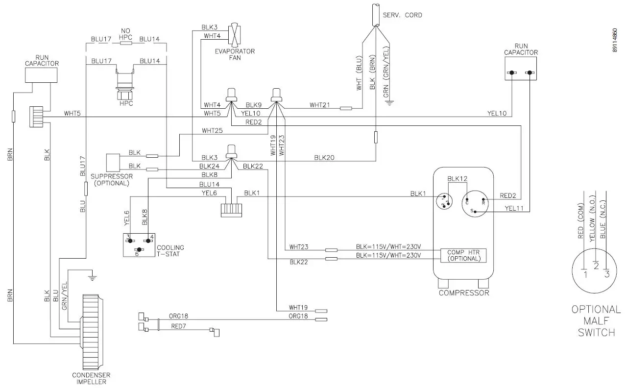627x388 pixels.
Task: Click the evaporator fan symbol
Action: click(x=236, y=35)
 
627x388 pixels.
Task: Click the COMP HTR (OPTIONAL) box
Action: click(x=464, y=255)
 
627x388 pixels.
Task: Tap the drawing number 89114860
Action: click(x=615, y=41)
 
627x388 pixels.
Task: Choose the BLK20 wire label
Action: click(x=324, y=157)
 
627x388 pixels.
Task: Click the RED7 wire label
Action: click(x=179, y=326)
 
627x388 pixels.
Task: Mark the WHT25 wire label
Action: click(x=212, y=131)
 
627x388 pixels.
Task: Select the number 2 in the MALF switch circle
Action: click(x=596, y=266)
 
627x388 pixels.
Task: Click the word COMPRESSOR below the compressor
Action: click(x=463, y=293)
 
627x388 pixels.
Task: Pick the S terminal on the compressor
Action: click(x=471, y=211)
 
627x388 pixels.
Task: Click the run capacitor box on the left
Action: click(x=42, y=74)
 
